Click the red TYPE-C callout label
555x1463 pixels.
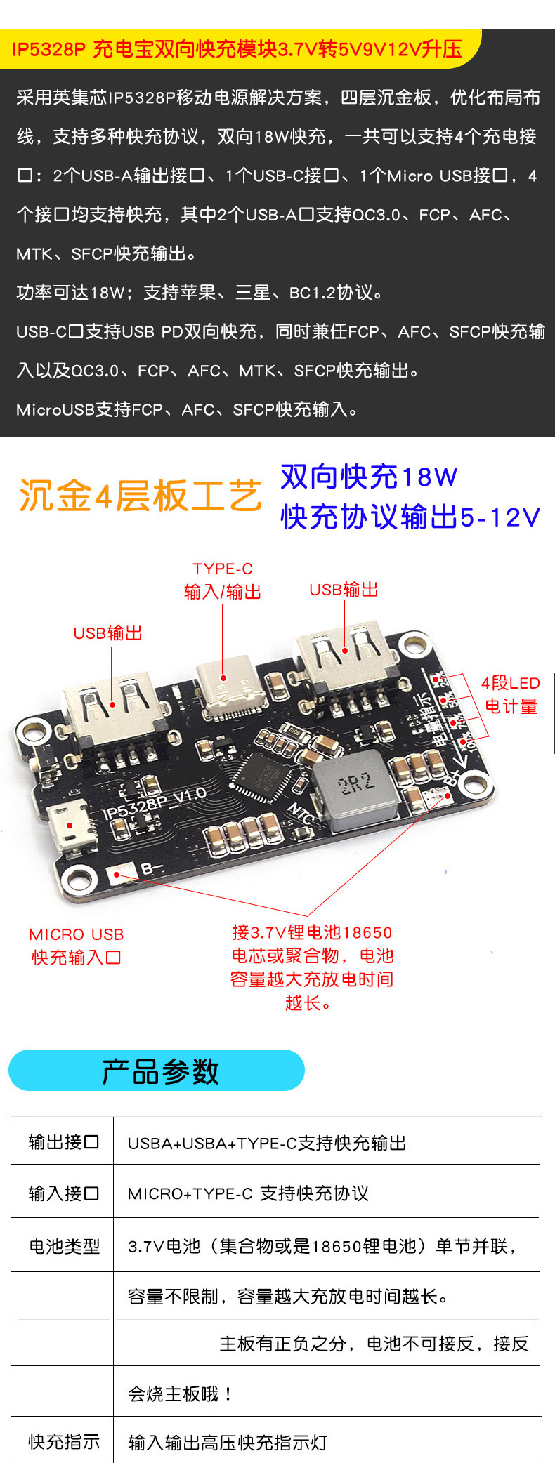point(223,580)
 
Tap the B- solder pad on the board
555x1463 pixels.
point(117,875)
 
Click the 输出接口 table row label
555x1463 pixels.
point(63,1142)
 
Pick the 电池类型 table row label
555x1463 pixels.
point(64,1246)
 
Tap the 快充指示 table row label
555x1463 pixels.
point(64,1441)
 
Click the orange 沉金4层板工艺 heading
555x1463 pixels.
point(141,496)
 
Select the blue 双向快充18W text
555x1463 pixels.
point(369,477)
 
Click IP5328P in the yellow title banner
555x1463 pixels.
point(48,49)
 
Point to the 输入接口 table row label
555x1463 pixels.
point(63,1193)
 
